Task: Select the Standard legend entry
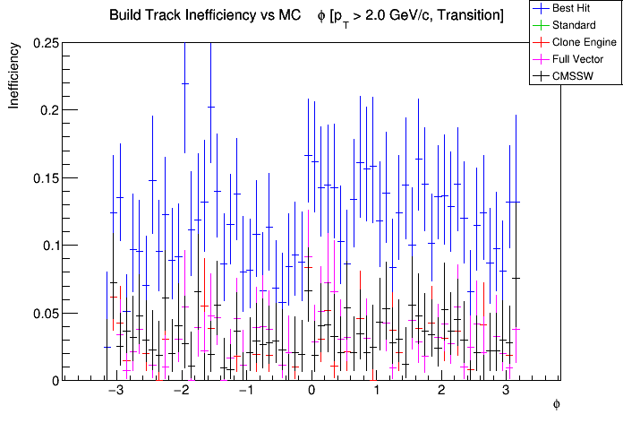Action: [x=574, y=25]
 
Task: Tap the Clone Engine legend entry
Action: [x=581, y=42]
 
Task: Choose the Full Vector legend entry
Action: [x=578, y=59]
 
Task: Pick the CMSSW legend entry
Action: [x=573, y=76]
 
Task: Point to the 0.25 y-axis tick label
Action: [x=47, y=43]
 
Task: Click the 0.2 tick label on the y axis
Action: [x=50, y=110]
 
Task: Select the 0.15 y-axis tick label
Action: [x=47, y=177]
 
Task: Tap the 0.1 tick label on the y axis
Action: [x=50, y=246]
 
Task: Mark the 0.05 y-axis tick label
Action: [x=47, y=313]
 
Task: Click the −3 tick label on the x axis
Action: [x=115, y=392]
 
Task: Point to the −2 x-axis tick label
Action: [x=180, y=392]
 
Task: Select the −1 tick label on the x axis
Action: [x=245, y=392]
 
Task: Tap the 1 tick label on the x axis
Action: [x=377, y=392]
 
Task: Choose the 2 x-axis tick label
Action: [x=441, y=392]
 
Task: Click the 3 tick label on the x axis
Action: [x=507, y=392]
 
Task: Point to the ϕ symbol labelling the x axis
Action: [x=556, y=405]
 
